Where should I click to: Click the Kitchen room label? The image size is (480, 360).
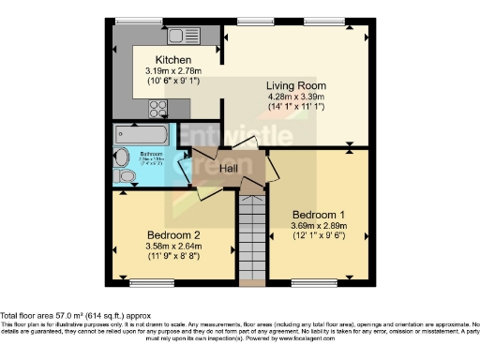coord(162,58)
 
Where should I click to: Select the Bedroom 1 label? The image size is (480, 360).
coord(313,213)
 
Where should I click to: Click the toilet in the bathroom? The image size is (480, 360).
coord(124,174)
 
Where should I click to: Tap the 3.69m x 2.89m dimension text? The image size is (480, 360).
coord(312,225)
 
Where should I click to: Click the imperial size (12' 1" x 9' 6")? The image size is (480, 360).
coord(312,236)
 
